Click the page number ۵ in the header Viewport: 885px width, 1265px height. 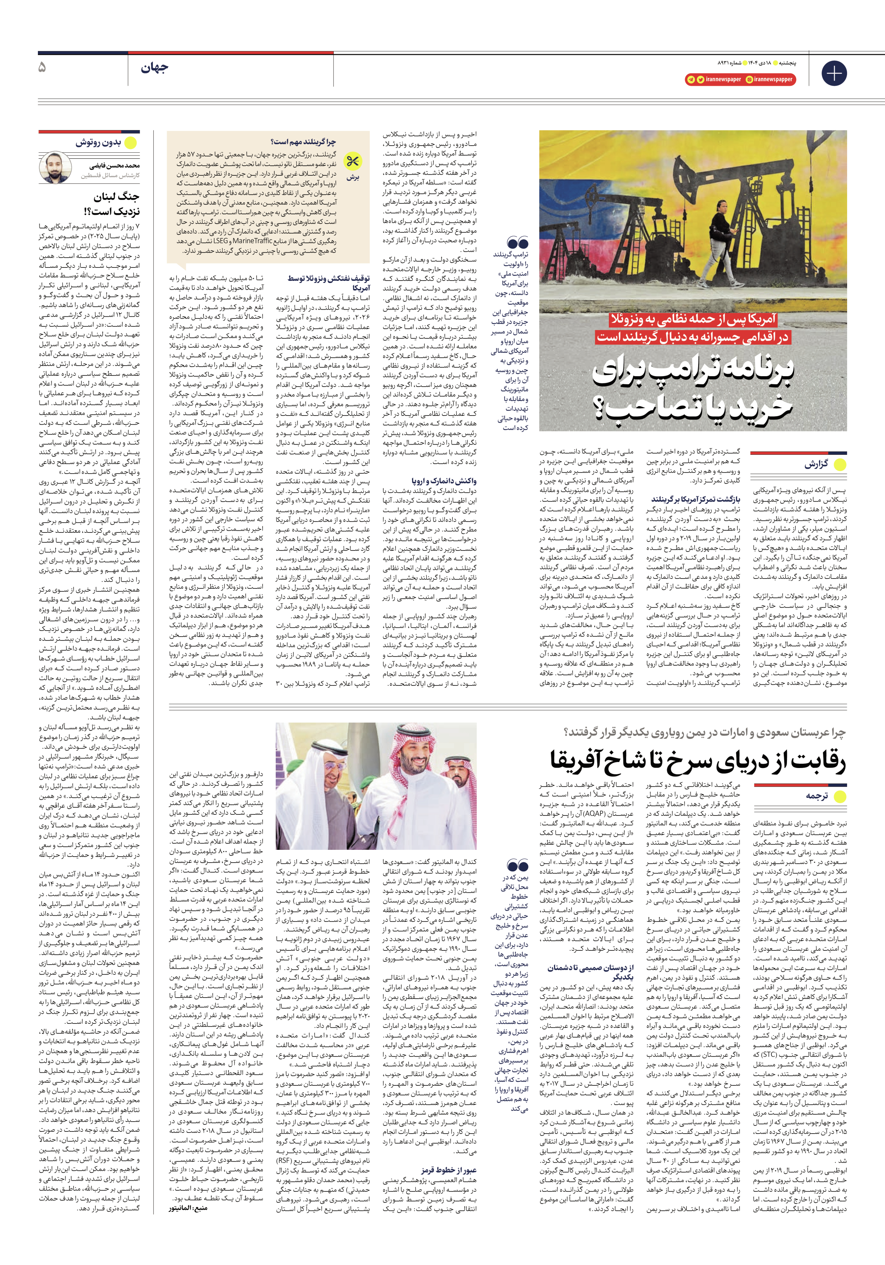(x=42, y=68)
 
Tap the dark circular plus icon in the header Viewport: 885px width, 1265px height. (x=834, y=73)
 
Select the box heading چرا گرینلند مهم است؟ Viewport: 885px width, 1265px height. (x=303, y=142)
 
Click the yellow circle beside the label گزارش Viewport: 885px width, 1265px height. (x=840, y=464)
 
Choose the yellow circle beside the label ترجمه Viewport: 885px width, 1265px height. (x=839, y=796)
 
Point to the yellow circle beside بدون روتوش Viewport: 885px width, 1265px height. (x=131, y=143)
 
